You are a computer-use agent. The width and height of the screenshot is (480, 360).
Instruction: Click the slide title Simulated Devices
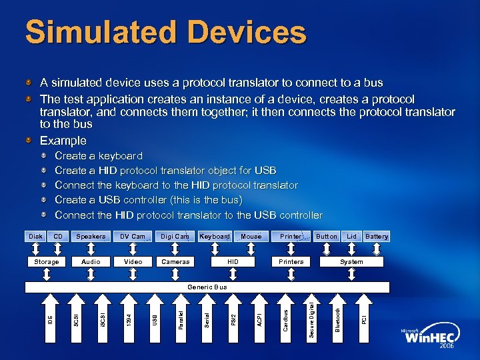click(x=165, y=33)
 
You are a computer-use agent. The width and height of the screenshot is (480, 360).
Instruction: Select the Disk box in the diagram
click(x=35, y=237)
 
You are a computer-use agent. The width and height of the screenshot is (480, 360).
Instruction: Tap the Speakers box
click(x=91, y=237)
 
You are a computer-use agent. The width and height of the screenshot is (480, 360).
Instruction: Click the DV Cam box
click(x=132, y=237)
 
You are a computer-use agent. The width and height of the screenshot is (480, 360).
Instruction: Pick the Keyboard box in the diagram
click(x=215, y=237)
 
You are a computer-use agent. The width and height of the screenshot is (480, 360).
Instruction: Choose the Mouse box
click(x=251, y=237)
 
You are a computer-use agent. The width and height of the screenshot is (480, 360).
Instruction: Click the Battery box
click(x=377, y=237)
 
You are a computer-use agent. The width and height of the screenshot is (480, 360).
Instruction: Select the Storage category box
click(x=47, y=262)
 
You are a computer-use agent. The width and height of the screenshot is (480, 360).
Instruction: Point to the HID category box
click(x=233, y=262)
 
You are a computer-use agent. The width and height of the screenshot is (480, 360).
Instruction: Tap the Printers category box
click(x=291, y=262)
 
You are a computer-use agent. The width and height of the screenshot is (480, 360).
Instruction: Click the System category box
click(x=351, y=262)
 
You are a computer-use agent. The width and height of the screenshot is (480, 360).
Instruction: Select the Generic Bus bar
click(x=207, y=287)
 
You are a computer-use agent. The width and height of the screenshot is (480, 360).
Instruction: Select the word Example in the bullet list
click(x=63, y=141)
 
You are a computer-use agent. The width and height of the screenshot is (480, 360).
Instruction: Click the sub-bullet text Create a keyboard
click(x=99, y=156)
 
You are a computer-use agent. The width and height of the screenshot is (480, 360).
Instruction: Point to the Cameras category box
click(x=176, y=262)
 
